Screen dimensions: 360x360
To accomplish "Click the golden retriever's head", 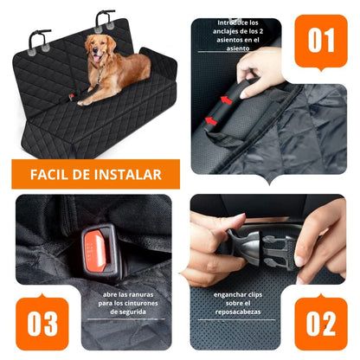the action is (99, 48).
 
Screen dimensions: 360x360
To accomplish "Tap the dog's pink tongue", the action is (96, 59).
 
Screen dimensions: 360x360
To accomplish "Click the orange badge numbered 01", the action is (321, 42).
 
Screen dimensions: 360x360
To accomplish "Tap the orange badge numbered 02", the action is (321, 323).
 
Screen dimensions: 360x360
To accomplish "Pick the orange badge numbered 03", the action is (42, 323).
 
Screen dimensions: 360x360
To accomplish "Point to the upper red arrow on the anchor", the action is (227, 100).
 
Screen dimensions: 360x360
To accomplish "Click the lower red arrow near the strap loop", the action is (211, 121).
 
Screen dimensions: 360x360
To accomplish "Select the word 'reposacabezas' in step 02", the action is (238, 312).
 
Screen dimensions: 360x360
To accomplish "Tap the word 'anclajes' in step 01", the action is (225, 32).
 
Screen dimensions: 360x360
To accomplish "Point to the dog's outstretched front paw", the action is (83, 102).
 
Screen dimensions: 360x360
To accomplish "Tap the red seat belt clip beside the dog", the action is (71, 97).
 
